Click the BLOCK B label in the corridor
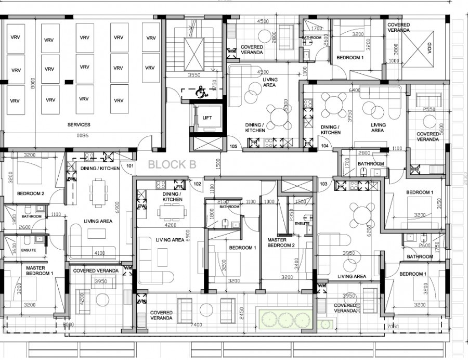[x=172, y=165]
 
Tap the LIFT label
[x=207, y=118]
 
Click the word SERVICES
[x=79, y=125]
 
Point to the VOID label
[x=430, y=47]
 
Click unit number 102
[x=197, y=184]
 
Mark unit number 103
[x=323, y=184]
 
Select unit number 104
[x=325, y=147]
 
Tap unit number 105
[x=233, y=147]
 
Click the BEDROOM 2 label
[x=30, y=194]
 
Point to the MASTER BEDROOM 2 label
[x=281, y=243]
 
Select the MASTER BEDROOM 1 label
[x=40, y=271]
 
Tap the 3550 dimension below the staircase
[x=194, y=75]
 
